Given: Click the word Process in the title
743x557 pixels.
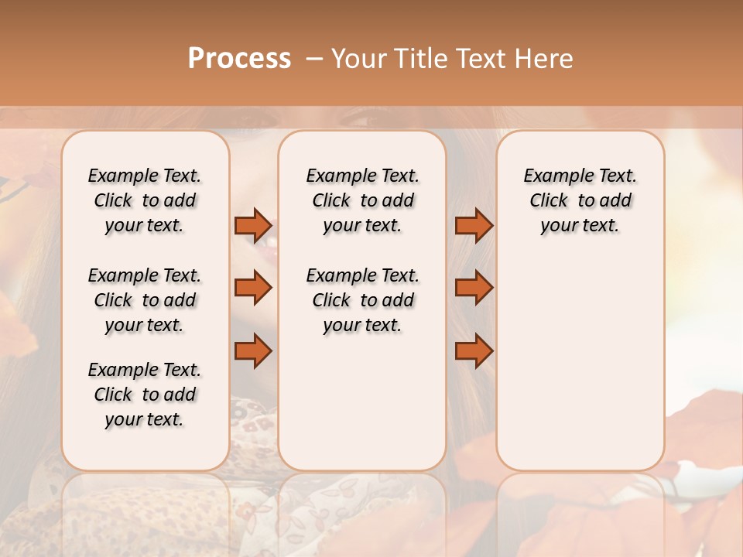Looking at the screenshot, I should pos(239,59).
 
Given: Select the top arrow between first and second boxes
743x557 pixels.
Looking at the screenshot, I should pos(253,225).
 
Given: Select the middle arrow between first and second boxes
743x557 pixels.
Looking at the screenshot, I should pos(253,288).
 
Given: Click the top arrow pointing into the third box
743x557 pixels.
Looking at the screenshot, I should pos(474,225).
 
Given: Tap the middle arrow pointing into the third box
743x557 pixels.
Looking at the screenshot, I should pos(474,288).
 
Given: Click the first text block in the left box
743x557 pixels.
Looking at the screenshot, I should pos(145,200).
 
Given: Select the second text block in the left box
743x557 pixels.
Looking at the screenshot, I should pos(145,300).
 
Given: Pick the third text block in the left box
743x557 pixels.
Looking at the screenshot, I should pos(145,395).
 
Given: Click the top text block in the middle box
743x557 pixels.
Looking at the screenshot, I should pos(362,200).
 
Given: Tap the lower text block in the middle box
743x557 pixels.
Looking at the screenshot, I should pos(362,300).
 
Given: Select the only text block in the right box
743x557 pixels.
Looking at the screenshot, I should pos(580,200).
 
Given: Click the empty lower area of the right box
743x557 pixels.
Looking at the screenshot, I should pos(580,364).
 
